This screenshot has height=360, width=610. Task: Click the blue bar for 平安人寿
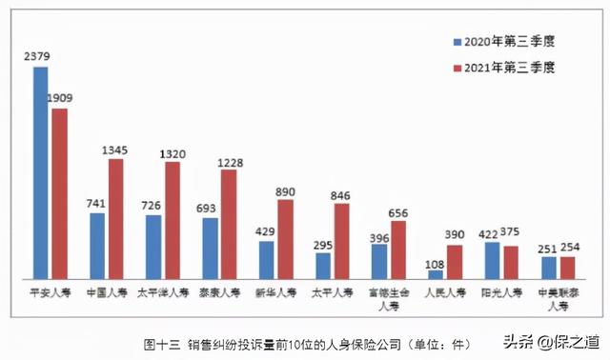41,171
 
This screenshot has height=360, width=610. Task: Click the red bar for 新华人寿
284,238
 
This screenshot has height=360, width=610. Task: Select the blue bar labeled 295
323,264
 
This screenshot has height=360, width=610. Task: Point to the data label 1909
61,98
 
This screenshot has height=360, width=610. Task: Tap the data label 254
568,247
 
